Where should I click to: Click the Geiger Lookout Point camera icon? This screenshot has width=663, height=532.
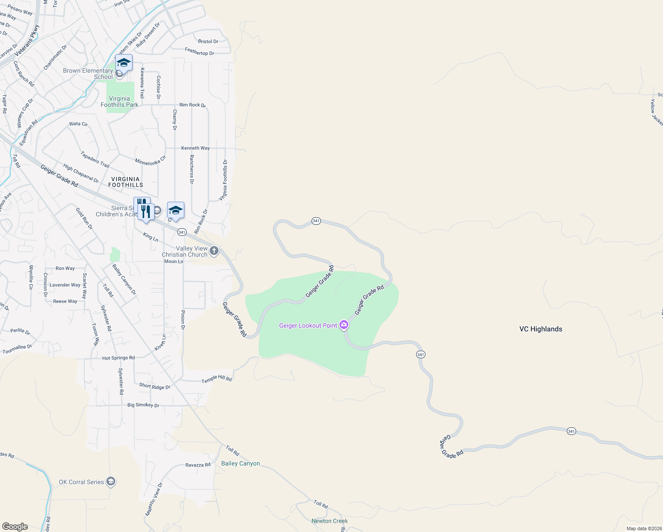click(x=344, y=325)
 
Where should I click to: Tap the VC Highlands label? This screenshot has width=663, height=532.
click(x=541, y=329)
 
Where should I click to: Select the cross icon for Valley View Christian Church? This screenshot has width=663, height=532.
click(x=214, y=251)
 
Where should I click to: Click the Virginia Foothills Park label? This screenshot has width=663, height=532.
click(x=119, y=102)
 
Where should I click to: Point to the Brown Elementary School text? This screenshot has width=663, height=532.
click(x=88, y=74)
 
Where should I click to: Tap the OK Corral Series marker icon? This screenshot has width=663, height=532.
click(x=111, y=481)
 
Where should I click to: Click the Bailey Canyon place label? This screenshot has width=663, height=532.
click(x=240, y=463)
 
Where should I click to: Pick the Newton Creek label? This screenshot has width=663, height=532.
click(x=329, y=521)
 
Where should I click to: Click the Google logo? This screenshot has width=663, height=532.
click(x=15, y=527)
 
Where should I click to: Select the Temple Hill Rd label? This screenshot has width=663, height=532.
click(x=217, y=379)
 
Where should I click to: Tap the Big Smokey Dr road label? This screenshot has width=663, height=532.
click(x=143, y=405)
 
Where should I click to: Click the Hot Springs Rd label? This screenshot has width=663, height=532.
click(x=118, y=358)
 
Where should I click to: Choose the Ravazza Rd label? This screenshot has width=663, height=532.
click(x=198, y=465)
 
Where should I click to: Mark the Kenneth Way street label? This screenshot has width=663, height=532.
click(x=195, y=148)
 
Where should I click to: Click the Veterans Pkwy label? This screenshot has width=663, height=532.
click(x=27, y=40)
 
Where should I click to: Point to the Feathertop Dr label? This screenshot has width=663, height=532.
click(x=199, y=52)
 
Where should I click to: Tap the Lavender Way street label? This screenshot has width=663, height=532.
click(x=65, y=285)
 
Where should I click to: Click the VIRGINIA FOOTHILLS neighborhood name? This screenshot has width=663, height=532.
click(x=125, y=182)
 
